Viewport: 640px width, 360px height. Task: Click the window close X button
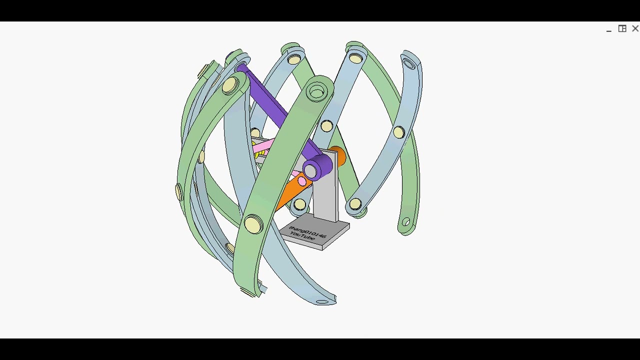[635, 29]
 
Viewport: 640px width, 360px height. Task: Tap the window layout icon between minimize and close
[622, 29]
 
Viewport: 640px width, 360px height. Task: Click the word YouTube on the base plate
[302, 236]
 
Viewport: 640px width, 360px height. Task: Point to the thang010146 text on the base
[307, 231]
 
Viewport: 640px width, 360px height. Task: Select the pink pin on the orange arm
[302, 181]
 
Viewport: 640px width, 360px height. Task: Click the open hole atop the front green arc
[316, 92]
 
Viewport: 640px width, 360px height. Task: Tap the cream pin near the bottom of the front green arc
[253, 224]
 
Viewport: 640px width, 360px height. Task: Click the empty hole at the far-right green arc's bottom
[406, 222]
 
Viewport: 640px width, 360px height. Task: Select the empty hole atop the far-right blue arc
[409, 64]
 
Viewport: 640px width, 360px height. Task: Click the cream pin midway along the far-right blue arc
[398, 132]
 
